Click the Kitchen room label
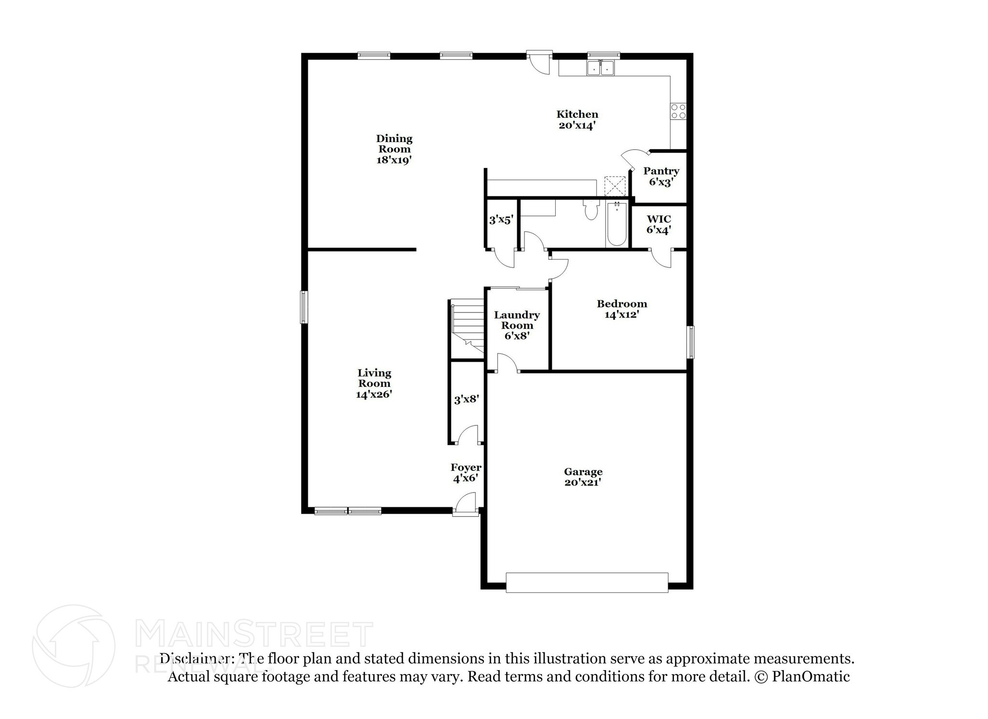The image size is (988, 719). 577,120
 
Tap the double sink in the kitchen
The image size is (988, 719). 600,69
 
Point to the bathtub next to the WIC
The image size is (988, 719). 617,225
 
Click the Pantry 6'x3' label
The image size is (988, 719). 661,176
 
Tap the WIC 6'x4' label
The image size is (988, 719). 659,225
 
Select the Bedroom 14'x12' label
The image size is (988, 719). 621,309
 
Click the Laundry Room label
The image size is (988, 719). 517,325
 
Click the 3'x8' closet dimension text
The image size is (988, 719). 466,399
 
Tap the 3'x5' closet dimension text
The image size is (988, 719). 501,220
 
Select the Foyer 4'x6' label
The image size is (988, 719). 466,473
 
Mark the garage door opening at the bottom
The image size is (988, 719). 587,582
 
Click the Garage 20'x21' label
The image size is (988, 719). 583,477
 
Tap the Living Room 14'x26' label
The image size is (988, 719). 374,383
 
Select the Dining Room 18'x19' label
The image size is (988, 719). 394,149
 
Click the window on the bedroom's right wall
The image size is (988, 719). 691,342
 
